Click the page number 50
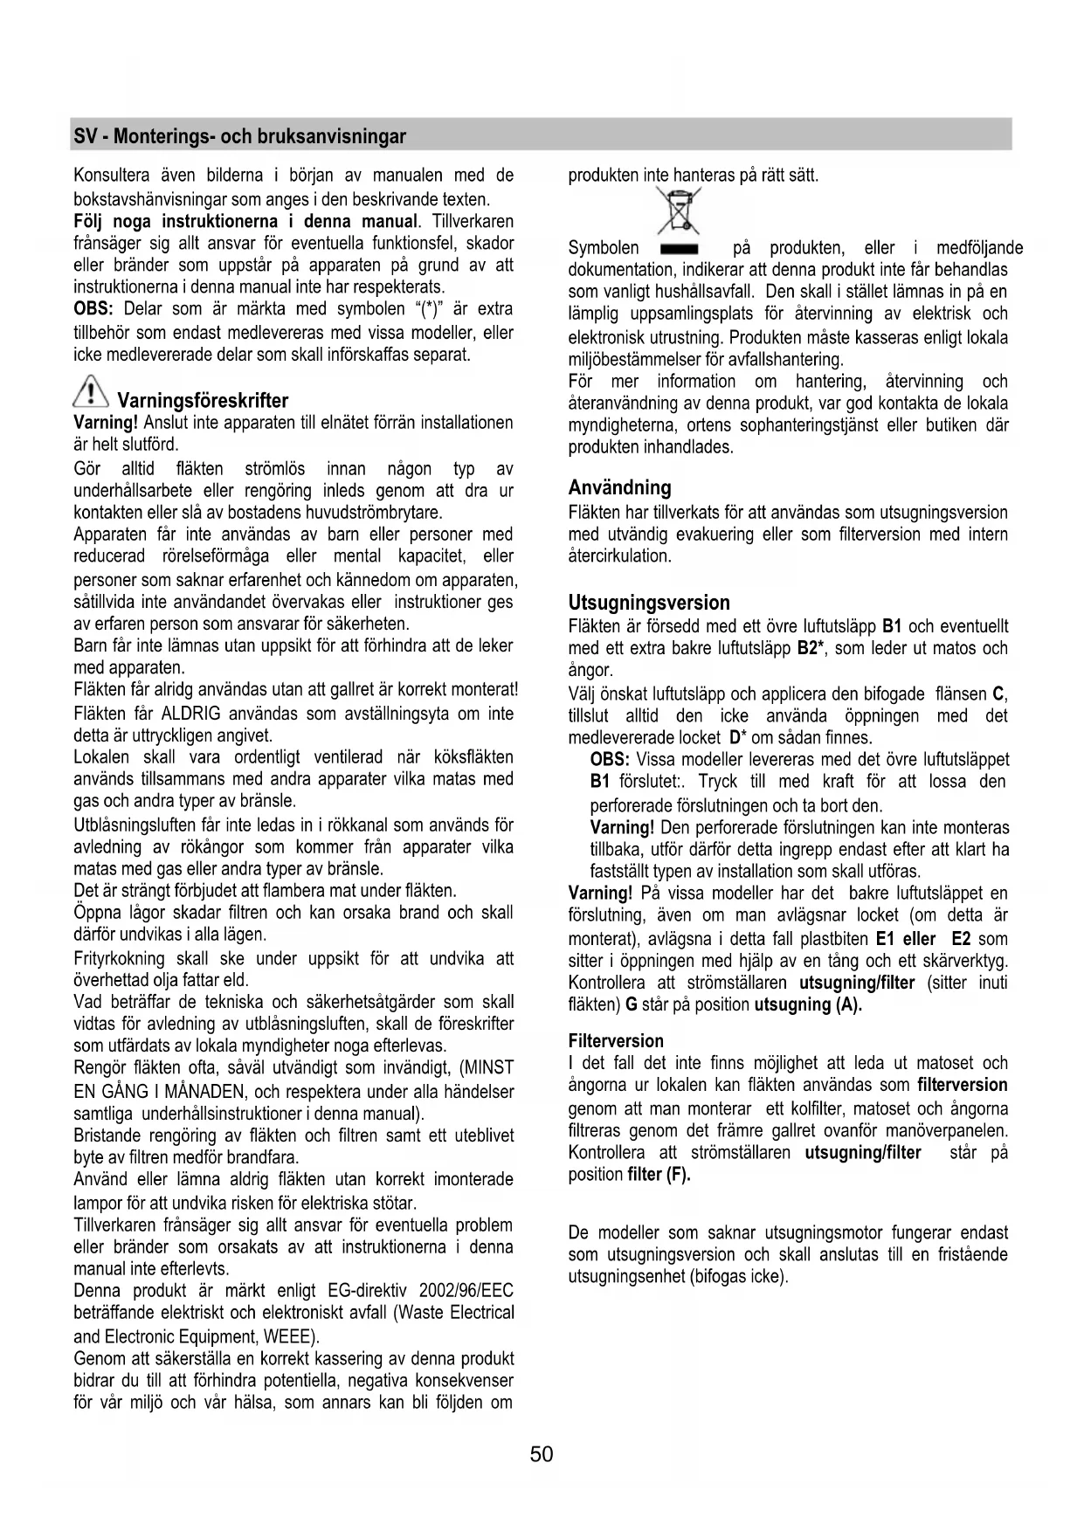tap(542, 1453)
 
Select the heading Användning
tap(619, 487)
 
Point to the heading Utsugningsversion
tap(649, 603)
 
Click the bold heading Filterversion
tap(616, 1040)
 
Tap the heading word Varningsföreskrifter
tap(203, 401)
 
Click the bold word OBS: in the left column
tap(93, 309)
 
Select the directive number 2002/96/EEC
tap(466, 1291)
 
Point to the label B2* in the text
tap(811, 649)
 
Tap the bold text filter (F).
tap(659, 1175)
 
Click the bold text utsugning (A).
tap(808, 1004)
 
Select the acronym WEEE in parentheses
tap(287, 1336)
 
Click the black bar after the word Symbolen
tap(678, 249)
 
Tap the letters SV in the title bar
tap(85, 136)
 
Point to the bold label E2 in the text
tap(961, 939)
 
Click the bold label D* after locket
tap(736, 738)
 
